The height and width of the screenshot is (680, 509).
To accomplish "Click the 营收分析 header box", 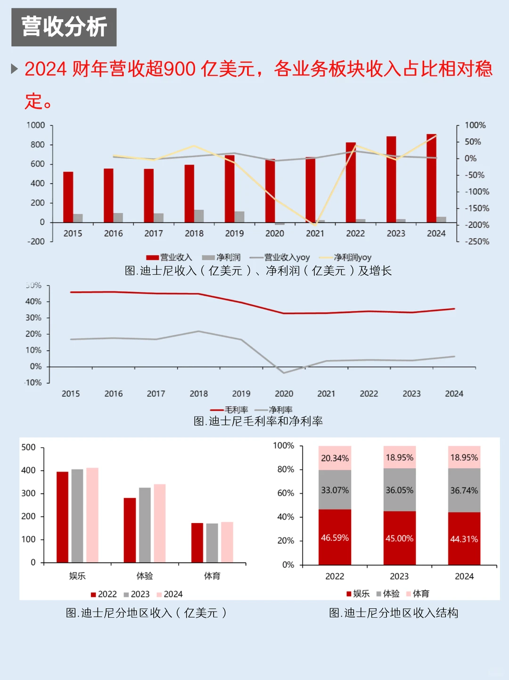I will coord(64,27).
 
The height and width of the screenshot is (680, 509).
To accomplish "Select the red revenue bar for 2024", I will coord(431,178).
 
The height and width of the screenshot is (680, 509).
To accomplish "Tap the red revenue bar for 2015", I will coord(68,197).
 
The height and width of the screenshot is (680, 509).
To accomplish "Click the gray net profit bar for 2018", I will coord(199,216).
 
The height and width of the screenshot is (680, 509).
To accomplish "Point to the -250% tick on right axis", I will coord(477,242).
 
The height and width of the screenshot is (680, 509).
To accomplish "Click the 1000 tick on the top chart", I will coord(36,125).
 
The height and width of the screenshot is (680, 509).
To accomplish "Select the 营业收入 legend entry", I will coord(170,257).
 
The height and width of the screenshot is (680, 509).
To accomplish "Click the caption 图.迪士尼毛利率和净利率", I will coord(258,421).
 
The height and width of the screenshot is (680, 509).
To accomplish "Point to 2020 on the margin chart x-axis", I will coord(284,393).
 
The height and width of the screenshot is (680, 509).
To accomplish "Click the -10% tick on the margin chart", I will coord(33,383).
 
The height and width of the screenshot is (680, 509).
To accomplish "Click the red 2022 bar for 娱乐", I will coord(62,517).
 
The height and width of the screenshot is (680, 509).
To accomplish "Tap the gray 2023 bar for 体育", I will coord(212,543).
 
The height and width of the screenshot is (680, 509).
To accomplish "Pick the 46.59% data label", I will coord(335,538).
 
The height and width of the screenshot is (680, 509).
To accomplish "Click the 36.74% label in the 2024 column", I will coord(464,491).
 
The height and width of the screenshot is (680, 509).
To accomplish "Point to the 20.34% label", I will coord(335,458).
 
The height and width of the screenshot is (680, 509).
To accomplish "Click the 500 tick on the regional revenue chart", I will coord(29,447).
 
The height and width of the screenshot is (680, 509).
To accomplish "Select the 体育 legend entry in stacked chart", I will coord(418,594).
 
